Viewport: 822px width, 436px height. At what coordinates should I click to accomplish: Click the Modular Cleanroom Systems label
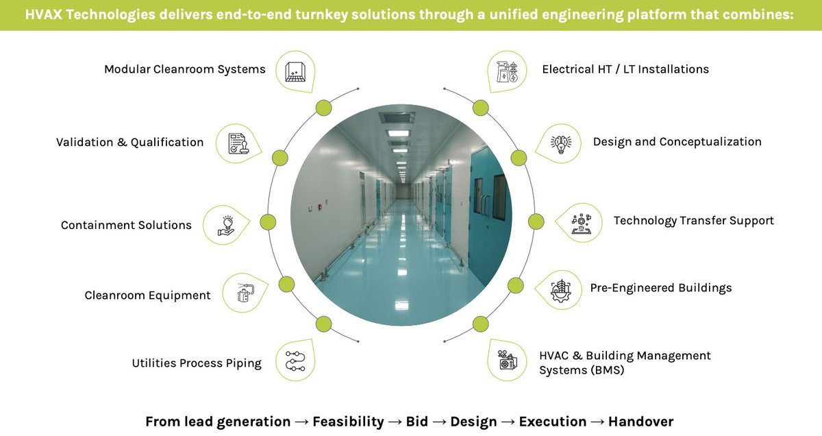(184, 69)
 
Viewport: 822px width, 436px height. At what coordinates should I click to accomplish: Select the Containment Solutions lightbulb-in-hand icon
(226, 225)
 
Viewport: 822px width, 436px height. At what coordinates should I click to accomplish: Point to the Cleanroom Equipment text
(147, 295)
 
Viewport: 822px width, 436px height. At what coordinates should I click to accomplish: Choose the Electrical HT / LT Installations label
(625, 69)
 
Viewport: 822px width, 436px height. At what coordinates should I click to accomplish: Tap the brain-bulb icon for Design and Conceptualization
(561, 143)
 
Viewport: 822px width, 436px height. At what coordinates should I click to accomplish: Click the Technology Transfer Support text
(693, 221)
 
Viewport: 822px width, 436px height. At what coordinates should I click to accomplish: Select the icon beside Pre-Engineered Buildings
(560, 289)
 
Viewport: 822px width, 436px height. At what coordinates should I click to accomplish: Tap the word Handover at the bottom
(640, 422)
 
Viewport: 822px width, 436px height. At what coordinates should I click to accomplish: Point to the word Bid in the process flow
(416, 422)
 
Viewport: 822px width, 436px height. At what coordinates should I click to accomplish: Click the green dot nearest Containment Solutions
(267, 222)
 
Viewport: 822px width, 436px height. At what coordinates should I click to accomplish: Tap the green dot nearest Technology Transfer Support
(536, 221)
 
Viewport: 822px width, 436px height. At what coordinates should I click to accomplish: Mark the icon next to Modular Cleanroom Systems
(296, 69)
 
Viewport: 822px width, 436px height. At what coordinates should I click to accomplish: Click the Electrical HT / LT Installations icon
(508, 69)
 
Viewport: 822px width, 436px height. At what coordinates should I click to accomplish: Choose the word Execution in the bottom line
(552, 422)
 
